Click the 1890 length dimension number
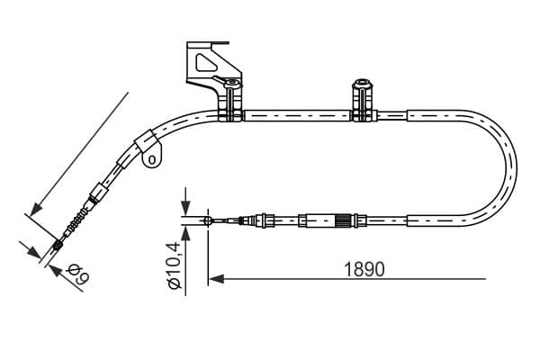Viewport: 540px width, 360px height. [364, 269]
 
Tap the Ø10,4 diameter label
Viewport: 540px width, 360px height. [174, 265]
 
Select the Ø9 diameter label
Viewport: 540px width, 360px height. [78, 274]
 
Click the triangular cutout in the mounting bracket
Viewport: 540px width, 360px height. [206, 62]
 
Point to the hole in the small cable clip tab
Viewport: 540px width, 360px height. [151, 159]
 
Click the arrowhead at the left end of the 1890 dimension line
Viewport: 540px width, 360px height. [216, 279]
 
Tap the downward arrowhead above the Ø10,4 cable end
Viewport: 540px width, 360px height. [185, 207]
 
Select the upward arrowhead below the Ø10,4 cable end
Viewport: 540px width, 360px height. [185, 234]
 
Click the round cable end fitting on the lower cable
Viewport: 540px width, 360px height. [208, 220]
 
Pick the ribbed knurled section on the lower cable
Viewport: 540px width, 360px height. [344, 220]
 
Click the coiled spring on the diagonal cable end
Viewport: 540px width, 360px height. [77, 221]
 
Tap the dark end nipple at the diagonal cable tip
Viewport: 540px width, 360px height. [58, 246]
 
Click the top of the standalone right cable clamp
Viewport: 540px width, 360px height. [361, 84]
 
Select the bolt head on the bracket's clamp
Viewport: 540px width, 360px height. [232, 83]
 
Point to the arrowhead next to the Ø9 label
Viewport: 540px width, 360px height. [57, 271]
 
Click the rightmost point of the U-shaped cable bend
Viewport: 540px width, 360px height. [517, 169]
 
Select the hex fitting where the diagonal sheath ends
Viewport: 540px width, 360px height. [98, 192]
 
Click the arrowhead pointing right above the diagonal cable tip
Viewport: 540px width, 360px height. [34, 252]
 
